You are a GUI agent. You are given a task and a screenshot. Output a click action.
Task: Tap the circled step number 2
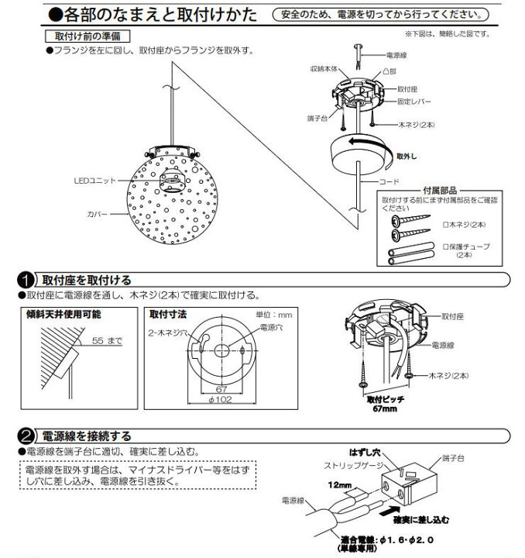coord(26,436)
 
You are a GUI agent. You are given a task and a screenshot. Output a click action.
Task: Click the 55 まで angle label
coord(108,340)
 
